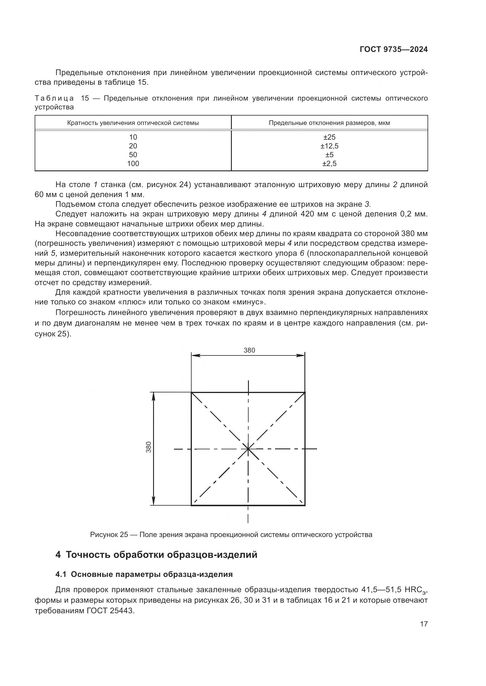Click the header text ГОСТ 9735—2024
coord(393,50)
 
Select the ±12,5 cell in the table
coord(329,146)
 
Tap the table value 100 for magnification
coord(133,163)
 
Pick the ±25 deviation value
coord(329,137)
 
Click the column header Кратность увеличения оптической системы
coord(133,123)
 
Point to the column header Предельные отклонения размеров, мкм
coord(329,123)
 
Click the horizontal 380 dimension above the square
coord(249,350)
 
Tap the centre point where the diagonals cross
coord(248,449)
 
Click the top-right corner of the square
coord(305,392)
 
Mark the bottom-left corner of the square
coord(192,505)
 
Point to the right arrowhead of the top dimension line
coord(301,355)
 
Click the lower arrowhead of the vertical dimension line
coord(153,501)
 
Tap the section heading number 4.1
coord(61,574)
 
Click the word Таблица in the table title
coord(54,99)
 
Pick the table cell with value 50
coord(133,155)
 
